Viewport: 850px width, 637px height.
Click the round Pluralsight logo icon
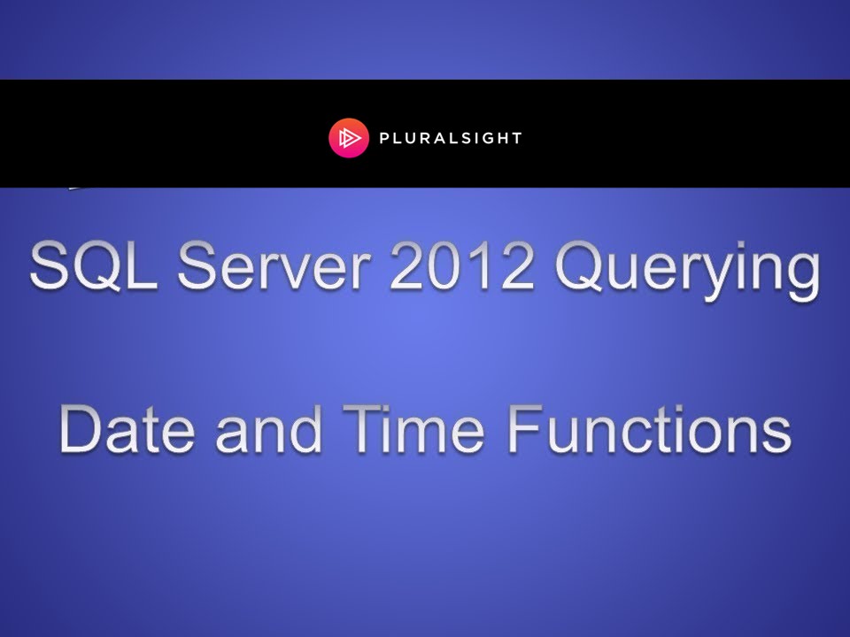348,139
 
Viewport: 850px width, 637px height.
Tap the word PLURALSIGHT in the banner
452,139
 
